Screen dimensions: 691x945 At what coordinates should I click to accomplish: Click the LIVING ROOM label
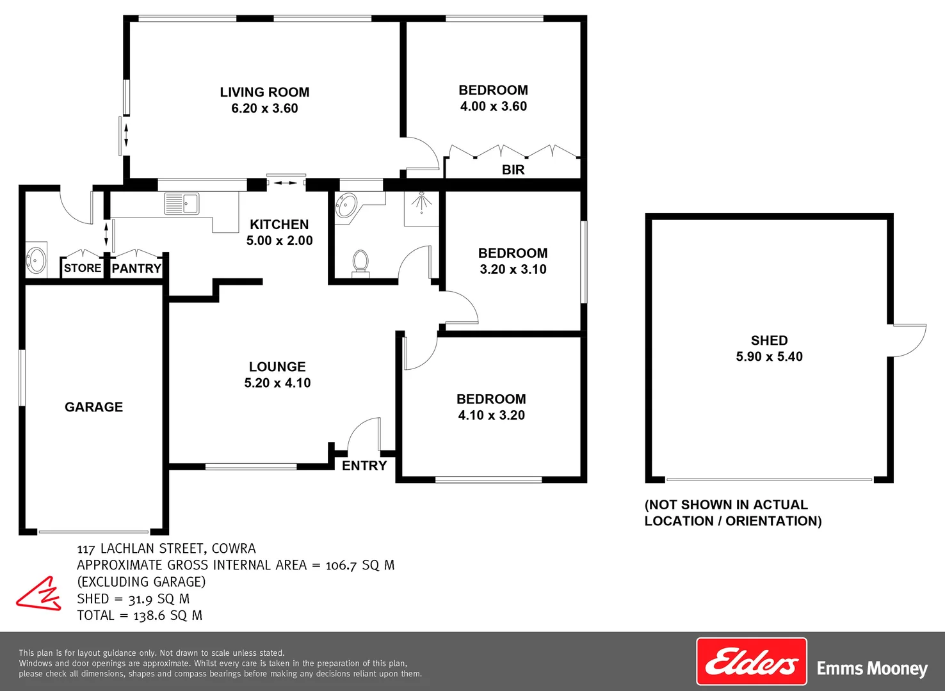(x=264, y=92)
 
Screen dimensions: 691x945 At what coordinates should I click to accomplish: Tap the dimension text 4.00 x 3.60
(x=493, y=107)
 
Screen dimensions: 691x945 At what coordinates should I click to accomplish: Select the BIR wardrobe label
(x=513, y=170)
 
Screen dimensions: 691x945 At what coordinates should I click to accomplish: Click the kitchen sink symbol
(x=182, y=203)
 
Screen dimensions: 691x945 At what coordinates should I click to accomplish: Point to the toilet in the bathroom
(x=360, y=263)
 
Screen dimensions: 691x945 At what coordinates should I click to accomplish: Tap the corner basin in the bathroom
(x=346, y=206)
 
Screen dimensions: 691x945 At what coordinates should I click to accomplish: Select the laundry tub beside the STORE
(x=36, y=260)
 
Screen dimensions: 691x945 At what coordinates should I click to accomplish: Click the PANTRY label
(x=136, y=269)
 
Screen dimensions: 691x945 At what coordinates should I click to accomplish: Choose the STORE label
(x=83, y=268)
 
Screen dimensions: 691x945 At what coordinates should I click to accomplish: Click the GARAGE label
(x=93, y=407)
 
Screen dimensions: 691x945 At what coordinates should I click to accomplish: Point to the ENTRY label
(x=364, y=466)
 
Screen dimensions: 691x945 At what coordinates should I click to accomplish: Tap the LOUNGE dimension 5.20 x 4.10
(x=277, y=383)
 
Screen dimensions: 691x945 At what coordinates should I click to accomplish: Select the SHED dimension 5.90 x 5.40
(x=769, y=357)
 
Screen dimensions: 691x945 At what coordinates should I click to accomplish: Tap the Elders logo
(x=751, y=662)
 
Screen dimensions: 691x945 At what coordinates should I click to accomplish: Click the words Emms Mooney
(x=872, y=669)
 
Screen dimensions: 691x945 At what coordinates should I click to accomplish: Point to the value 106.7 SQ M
(x=360, y=566)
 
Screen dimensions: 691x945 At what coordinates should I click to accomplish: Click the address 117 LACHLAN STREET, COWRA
(x=166, y=549)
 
